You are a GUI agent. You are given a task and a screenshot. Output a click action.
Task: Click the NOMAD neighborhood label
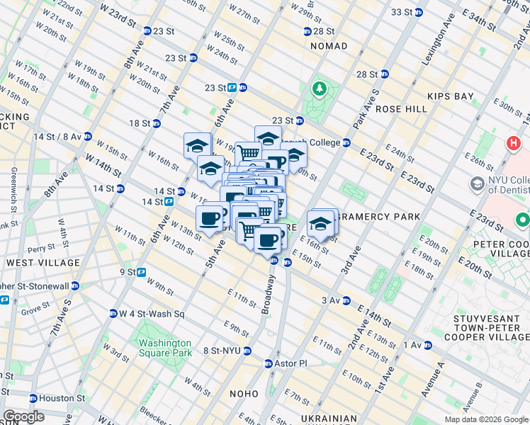pyautogui.click(x=329, y=46)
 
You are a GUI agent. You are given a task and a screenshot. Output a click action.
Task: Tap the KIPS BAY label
pyautogui.click(x=449, y=96)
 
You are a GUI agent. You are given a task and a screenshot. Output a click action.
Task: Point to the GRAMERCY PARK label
pyautogui.click(x=380, y=216)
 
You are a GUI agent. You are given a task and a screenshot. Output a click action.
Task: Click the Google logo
pyautogui.click(x=23, y=416)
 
